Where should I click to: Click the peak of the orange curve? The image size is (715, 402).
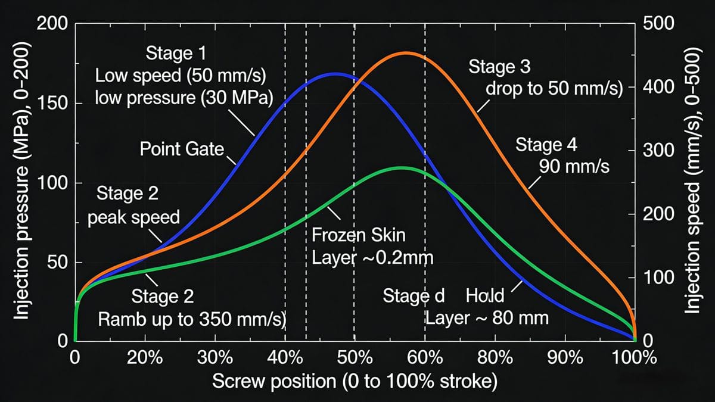click(405, 53)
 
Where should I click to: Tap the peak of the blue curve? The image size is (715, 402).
click(335, 74)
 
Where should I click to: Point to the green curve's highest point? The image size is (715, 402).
click(401, 167)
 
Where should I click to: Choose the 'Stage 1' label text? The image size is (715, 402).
click(176, 54)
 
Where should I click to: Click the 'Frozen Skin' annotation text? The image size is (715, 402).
click(359, 235)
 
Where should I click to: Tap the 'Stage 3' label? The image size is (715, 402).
click(499, 67)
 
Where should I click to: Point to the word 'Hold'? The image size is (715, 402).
click(485, 295)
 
